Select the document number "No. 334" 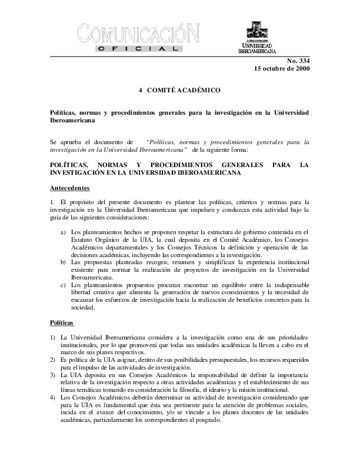coord(298,61)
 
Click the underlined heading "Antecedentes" coord(70,188)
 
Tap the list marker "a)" coord(64,233)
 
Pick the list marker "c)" coord(64,285)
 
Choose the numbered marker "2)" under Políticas coord(54,359)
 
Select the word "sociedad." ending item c coord(82,308)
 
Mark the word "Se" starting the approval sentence coord(54,142)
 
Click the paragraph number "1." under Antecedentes coord(52,202)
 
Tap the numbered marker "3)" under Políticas coord(54,374)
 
